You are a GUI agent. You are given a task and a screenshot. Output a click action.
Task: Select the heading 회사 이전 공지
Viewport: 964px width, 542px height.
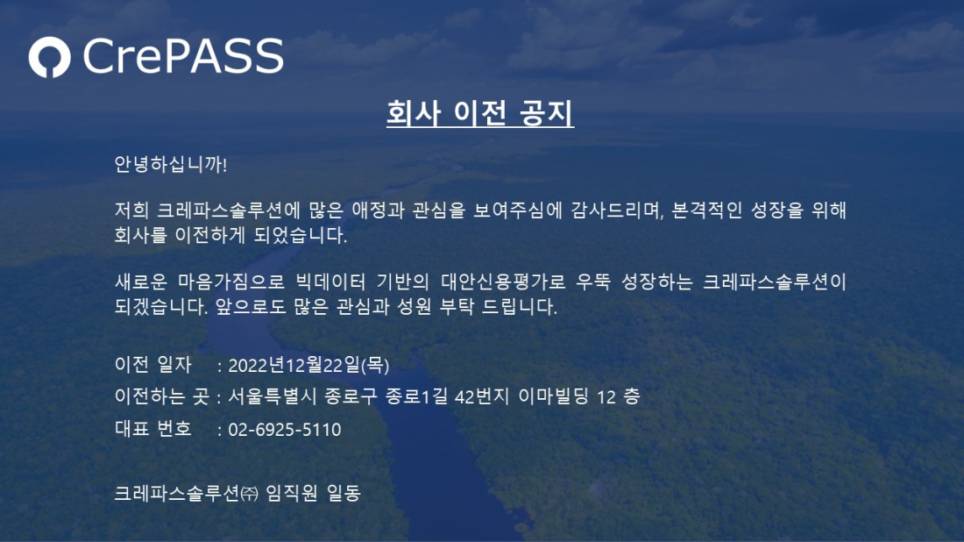pos(480,112)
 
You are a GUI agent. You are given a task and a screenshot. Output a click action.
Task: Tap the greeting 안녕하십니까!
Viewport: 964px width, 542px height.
pos(171,164)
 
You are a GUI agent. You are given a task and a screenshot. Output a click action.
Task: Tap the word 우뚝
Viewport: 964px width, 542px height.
pos(593,282)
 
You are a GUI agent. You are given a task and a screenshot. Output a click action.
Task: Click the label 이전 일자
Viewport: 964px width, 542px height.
pos(153,364)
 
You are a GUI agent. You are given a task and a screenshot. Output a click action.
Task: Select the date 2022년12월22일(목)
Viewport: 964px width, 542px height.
pos(308,365)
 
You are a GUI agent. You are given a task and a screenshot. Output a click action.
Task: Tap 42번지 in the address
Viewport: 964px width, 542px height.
pos(482,396)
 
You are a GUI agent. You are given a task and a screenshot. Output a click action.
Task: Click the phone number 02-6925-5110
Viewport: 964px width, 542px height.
pos(285,430)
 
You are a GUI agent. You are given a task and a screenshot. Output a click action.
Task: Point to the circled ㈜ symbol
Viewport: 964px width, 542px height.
pos(249,494)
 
